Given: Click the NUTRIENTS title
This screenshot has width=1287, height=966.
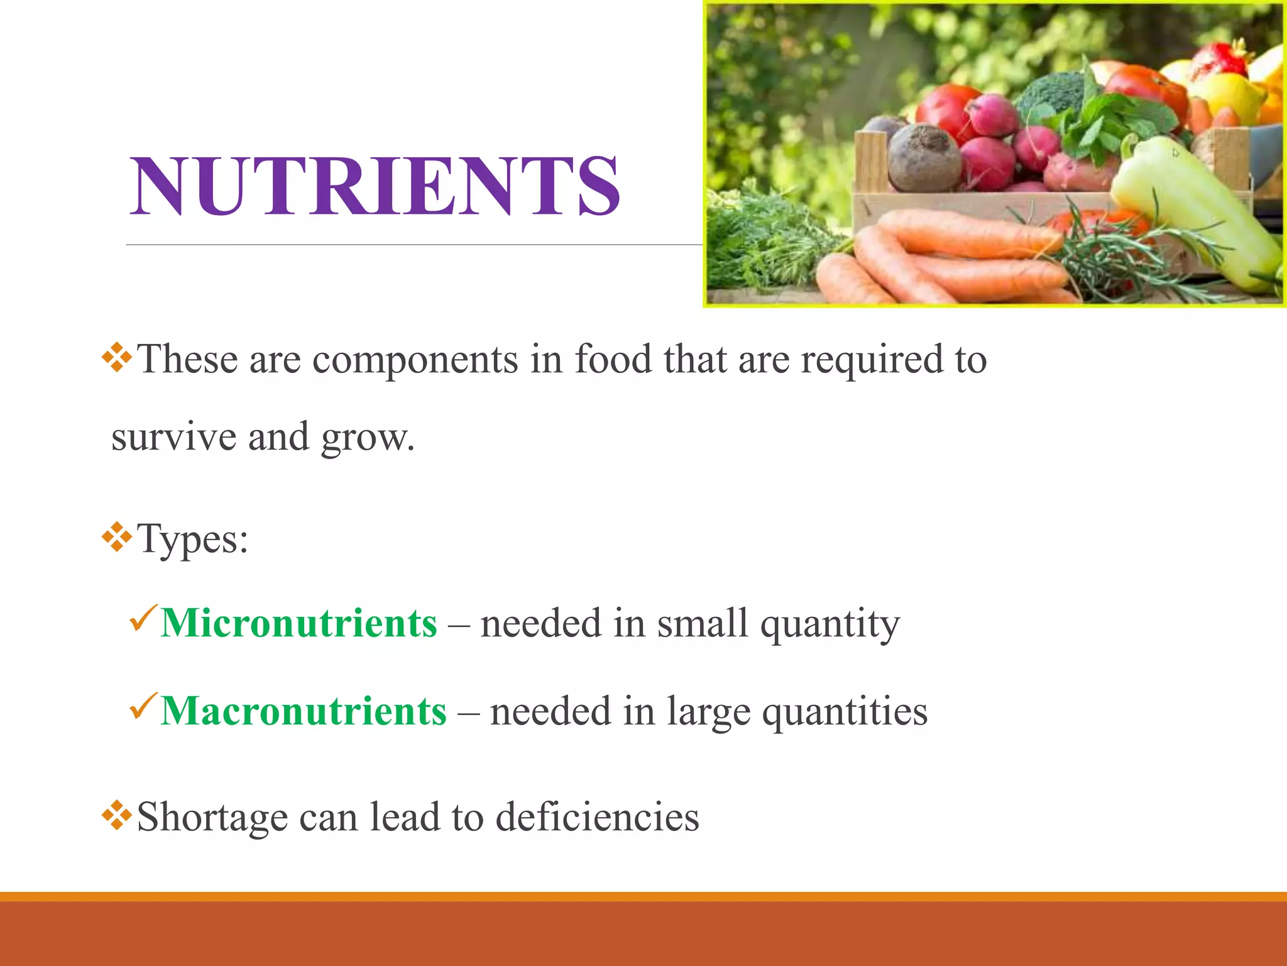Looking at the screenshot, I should [375, 187].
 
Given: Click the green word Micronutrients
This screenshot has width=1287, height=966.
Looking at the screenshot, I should [298, 624].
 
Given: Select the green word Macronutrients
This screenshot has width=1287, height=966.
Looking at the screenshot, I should [304, 712].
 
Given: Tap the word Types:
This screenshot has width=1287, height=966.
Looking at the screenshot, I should [193, 540].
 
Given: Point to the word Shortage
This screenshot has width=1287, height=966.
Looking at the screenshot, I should [212, 818].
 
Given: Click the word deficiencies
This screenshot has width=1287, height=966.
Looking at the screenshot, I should [597, 818].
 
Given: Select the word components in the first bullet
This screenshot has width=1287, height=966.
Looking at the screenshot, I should [415, 360].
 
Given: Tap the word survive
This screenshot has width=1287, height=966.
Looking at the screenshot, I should [174, 438].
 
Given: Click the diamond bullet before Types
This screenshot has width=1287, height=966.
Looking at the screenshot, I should [117, 536].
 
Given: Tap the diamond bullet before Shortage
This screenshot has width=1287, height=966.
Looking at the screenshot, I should [117, 816].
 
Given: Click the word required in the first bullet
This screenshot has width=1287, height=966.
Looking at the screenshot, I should [872, 361].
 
